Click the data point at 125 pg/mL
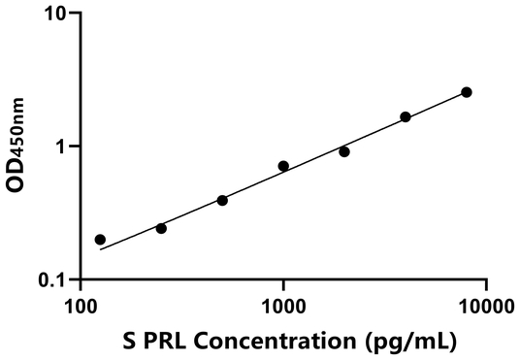pyautogui.click(x=100, y=239)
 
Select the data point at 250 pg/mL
pyautogui.click(x=161, y=228)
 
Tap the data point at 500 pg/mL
pyautogui.click(x=222, y=200)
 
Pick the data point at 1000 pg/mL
pyautogui.click(x=283, y=166)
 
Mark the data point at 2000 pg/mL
pyautogui.click(x=344, y=151)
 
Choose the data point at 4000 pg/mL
pyautogui.click(x=406, y=116)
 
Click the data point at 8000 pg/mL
pyautogui.click(x=467, y=92)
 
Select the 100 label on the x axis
pyautogui.click(x=80, y=309)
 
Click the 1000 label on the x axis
pyautogui.click(x=283, y=309)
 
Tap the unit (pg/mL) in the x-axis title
pyautogui.click(x=411, y=342)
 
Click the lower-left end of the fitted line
pyautogui.click(x=100, y=249)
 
